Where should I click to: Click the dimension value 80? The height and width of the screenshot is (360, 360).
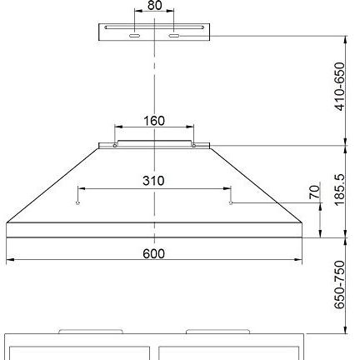[154, 5]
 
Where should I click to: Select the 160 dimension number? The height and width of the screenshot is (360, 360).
[154, 121]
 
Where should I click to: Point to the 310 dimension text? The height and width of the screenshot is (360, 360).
[154, 180]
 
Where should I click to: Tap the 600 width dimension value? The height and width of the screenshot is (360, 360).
[154, 253]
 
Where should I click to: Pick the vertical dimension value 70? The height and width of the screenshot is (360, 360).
[313, 192]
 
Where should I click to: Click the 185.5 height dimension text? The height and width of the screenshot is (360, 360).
[337, 191]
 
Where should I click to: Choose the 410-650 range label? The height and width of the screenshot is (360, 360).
[338, 87]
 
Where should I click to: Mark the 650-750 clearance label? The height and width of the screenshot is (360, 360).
[338, 285]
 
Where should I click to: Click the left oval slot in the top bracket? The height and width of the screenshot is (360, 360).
[133, 36]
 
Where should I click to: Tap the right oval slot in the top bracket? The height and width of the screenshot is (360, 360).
[175, 36]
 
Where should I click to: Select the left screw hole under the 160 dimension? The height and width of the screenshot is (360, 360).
[115, 146]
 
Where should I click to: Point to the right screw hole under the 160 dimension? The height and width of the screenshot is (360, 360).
[193, 146]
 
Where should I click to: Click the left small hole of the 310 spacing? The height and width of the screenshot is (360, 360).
[77, 202]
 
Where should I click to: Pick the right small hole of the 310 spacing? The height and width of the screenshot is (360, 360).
[232, 202]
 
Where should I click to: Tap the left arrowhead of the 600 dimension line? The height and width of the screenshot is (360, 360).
[9, 260]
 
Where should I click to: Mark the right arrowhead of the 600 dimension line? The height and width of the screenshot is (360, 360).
[299, 260]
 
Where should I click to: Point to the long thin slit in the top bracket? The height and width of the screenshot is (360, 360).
[154, 27]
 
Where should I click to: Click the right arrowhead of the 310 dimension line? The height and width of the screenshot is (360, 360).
[228, 188]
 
